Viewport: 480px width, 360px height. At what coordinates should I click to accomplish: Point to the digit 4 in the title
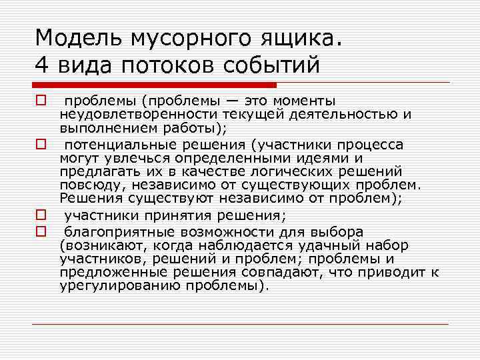(42, 65)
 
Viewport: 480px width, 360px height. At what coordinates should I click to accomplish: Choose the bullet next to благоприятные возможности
(41, 232)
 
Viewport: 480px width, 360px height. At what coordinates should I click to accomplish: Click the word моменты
(299, 101)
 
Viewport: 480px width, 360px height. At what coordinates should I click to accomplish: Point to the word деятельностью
(343, 114)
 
